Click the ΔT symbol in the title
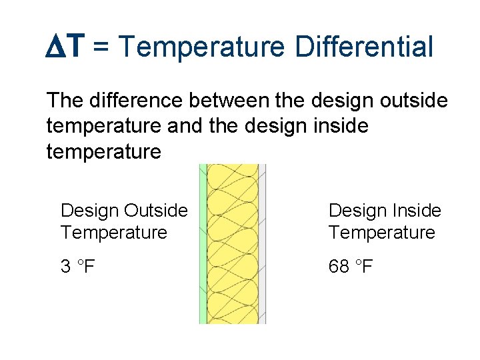[x=66, y=47]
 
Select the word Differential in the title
[x=365, y=47]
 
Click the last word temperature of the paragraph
[x=104, y=152]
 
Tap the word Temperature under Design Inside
[x=381, y=233]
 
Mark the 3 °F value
[x=77, y=267]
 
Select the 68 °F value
[x=350, y=267]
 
